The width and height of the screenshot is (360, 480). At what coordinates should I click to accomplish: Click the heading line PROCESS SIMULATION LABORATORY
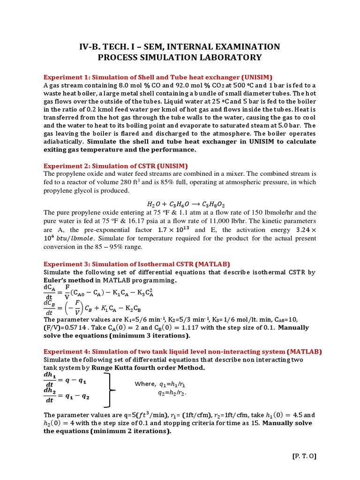point(180,57)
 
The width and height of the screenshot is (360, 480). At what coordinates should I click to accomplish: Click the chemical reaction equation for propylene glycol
point(180,204)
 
